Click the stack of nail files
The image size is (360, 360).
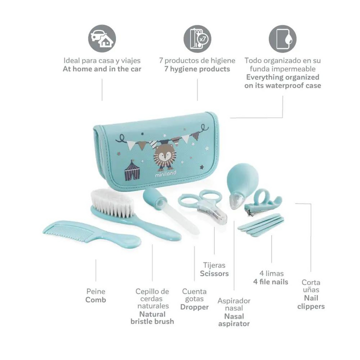pos(260,223)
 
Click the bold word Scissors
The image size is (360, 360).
pos(214,273)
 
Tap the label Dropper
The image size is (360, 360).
pos(194,307)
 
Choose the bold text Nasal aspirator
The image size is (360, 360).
pos(233,320)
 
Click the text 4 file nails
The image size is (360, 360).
pos(270,282)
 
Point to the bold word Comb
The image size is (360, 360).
pos(95,300)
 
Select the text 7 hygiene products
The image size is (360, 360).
pos(197,69)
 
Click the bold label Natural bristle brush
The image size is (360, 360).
pos(152,317)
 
